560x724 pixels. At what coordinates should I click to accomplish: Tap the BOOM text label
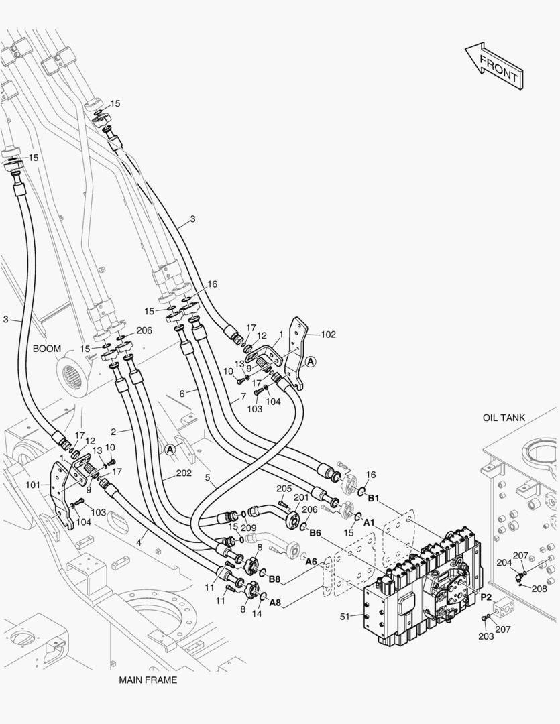[47, 349]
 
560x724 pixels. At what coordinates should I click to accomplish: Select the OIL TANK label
[504, 418]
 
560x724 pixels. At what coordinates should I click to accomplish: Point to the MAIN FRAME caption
[148, 680]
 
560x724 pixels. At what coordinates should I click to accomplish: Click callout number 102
[328, 335]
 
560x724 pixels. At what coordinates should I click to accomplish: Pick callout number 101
[33, 484]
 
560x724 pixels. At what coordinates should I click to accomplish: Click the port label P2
[486, 597]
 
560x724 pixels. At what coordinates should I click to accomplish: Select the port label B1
[373, 498]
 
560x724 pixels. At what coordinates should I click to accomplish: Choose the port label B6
[315, 532]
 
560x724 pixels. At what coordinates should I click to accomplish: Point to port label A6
[311, 561]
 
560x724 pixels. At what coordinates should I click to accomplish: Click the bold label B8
[274, 579]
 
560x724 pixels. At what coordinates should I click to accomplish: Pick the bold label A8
[275, 602]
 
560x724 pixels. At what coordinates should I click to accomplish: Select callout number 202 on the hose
[184, 473]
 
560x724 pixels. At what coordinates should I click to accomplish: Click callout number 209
[249, 528]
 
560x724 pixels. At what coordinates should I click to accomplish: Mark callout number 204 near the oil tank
[504, 564]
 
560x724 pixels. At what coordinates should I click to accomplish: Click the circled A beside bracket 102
[309, 361]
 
